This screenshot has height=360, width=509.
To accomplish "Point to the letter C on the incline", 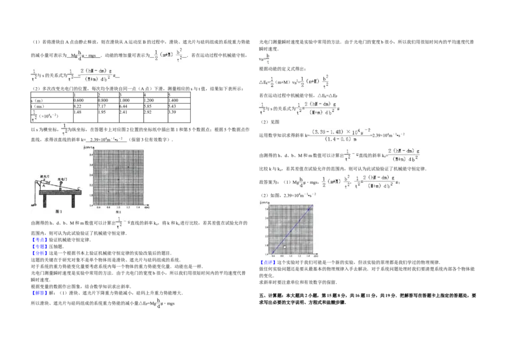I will pos(78,188).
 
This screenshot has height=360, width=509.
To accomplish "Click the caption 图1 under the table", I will pos(57,209).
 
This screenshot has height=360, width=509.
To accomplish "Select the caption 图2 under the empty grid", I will pos(118,211).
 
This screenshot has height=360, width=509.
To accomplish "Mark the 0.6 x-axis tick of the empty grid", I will pos(99,207).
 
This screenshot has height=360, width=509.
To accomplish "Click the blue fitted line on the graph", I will pos(291,230).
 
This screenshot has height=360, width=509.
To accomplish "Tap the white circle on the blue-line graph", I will pos(285,247).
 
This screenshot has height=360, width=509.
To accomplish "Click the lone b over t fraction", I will pos(268,58).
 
